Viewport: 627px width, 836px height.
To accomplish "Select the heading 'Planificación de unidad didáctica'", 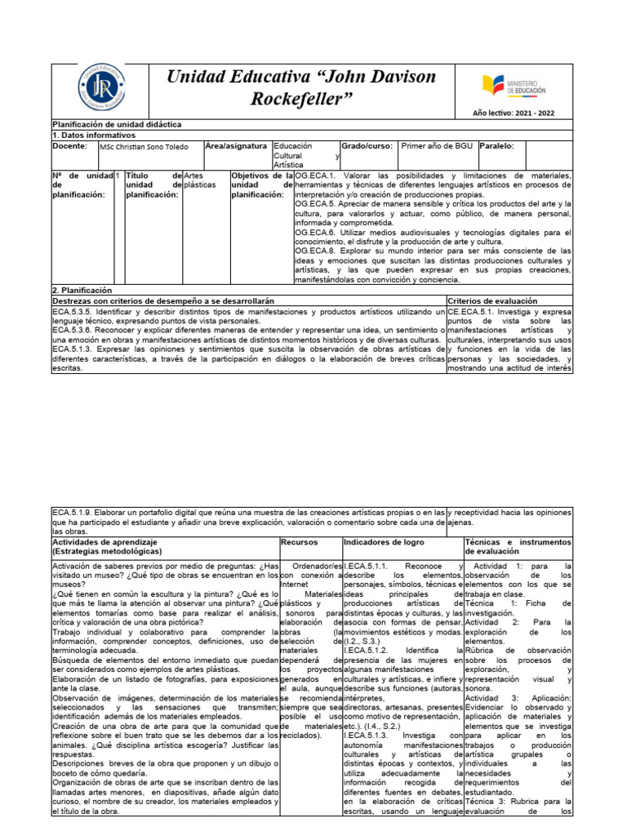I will pyautogui.click(x=116, y=124).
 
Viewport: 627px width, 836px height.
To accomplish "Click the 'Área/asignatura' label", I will pyautogui.click(x=236, y=146).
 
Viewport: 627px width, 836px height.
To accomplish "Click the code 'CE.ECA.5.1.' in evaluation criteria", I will pyautogui.click(x=472, y=312).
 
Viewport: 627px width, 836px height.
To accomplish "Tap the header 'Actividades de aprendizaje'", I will pyautogui.click(x=104, y=541).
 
